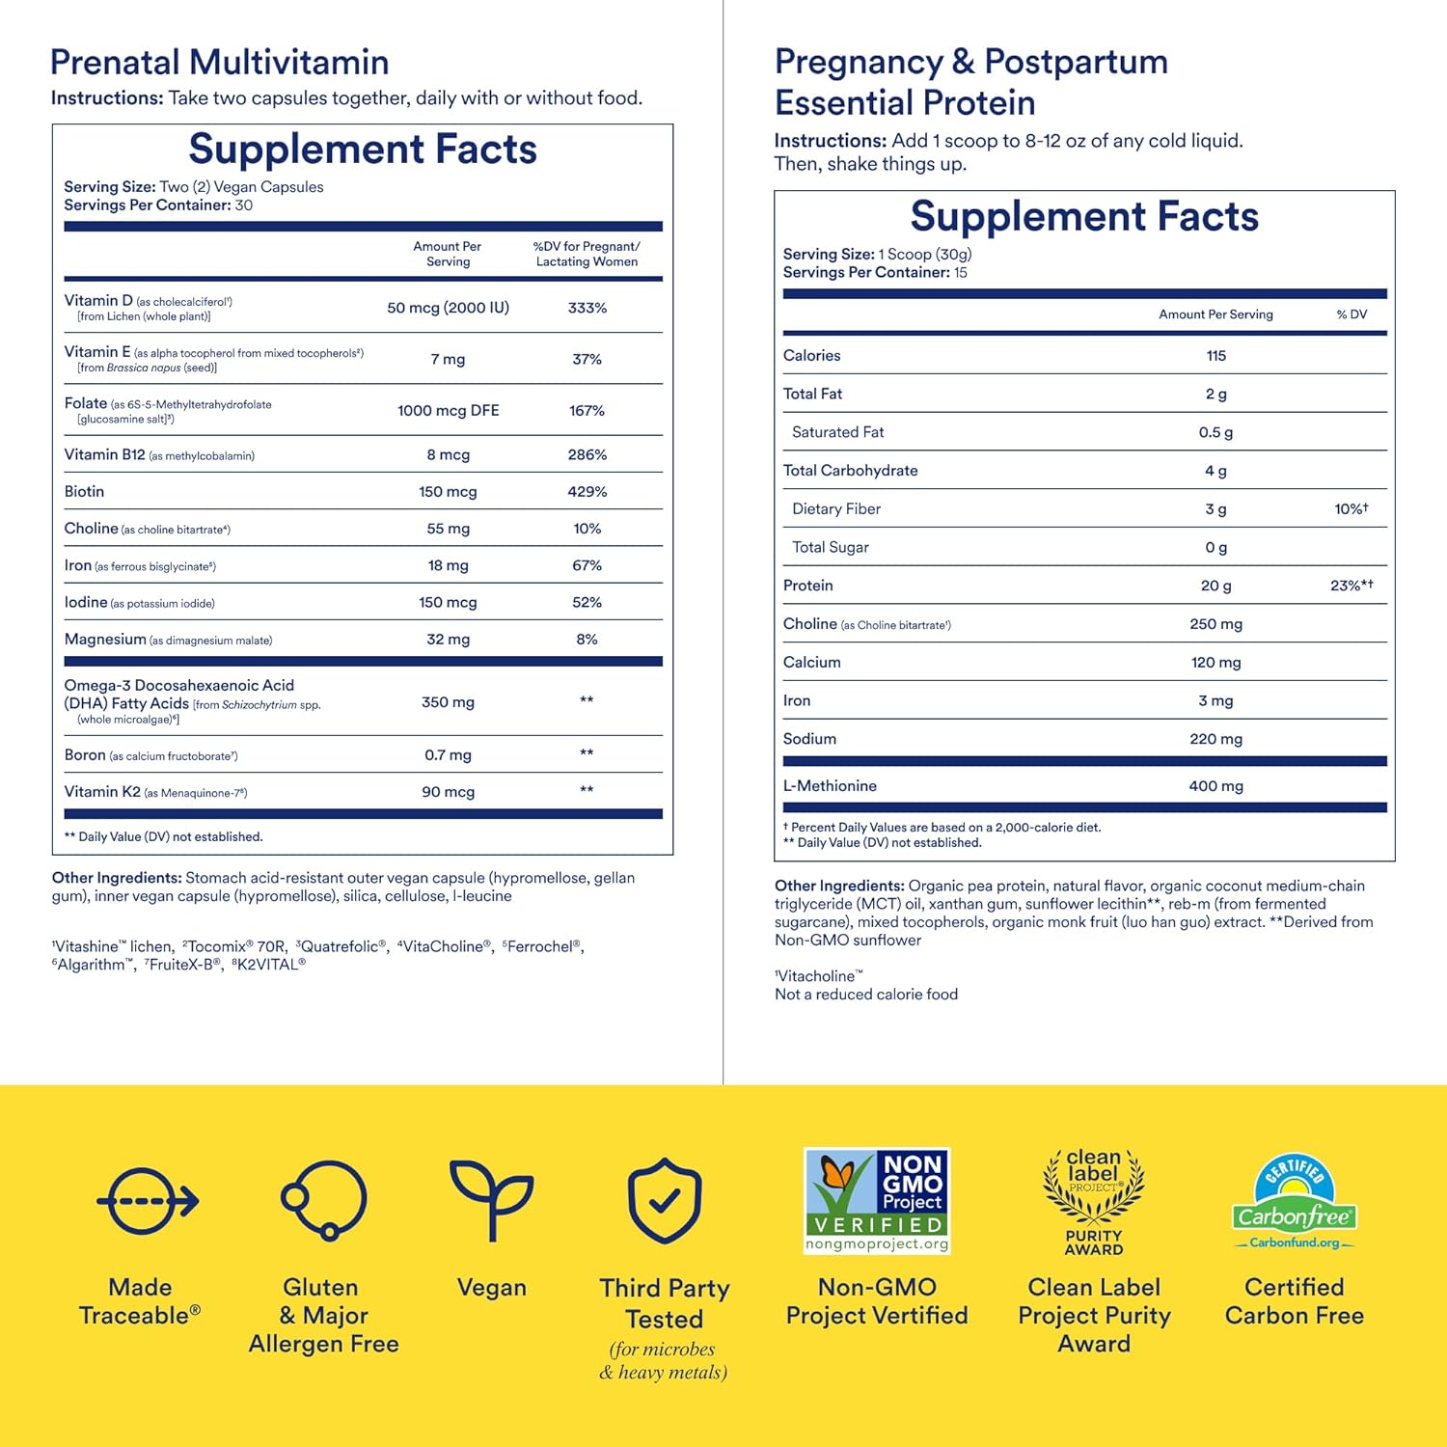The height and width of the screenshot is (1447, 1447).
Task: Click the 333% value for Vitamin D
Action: pyautogui.click(x=587, y=308)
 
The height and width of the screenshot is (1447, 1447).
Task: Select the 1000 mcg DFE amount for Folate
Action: pyautogui.click(x=449, y=410)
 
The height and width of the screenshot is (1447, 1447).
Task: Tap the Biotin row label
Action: pyautogui.click(x=84, y=491)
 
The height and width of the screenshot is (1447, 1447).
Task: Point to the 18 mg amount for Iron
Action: pyautogui.click(x=449, y=565)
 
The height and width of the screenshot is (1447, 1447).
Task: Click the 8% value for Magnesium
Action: pyautogui.click(x=587, y=639)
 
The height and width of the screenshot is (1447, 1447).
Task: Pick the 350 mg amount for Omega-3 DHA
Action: pyautogui.click(x=449, y=702)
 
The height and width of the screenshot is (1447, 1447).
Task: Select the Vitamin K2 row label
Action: pyautogui.click(x=102, y=791)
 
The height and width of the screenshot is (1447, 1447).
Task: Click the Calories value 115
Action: pyautogui.click(x=1216, y=355)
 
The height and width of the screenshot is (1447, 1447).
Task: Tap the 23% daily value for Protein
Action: pyautogui.click(x=1351, y=585)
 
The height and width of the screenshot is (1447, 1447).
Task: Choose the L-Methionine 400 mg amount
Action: pyautogui.click(x=1216, y=785)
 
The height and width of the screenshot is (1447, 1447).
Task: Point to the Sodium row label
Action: pyautogui.click(x=809, y=738)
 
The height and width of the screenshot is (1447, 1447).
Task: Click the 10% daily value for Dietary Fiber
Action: pyautogui.click(x=1351, y=508)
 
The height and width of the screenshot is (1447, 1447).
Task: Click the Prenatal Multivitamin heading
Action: pyautogui.click(x=220, y=63)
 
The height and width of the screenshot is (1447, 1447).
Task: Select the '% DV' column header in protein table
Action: pyautogui.click(x=1351, y=314)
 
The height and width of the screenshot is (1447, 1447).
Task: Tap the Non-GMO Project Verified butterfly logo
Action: pyautogui.click(x=877, y=1200)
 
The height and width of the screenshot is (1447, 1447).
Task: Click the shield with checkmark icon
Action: pyautogui.click(x=665, y=1201)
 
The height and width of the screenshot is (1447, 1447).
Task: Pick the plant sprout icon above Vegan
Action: pyautogui.click(x=492, y=1198)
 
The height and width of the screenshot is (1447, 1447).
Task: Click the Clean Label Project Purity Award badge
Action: pyautogui.click(x=1094, y=1201)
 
